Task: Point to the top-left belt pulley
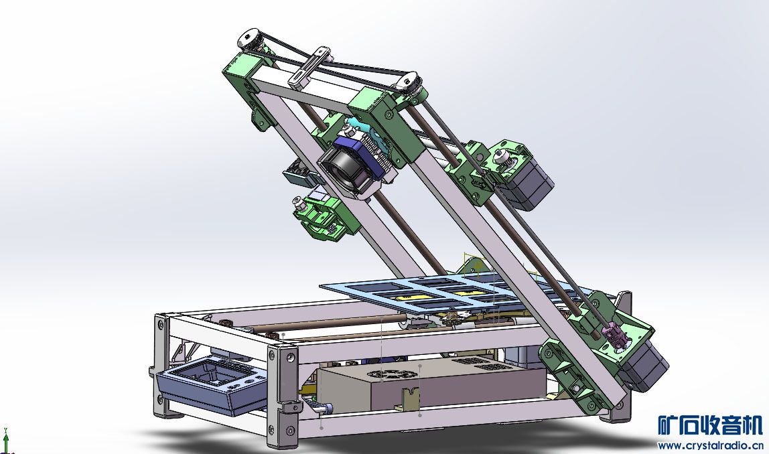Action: (250, 40)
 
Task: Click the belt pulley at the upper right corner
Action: (410, 82)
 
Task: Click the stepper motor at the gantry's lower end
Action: (642, 366)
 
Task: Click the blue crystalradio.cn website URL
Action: (710, 445)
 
